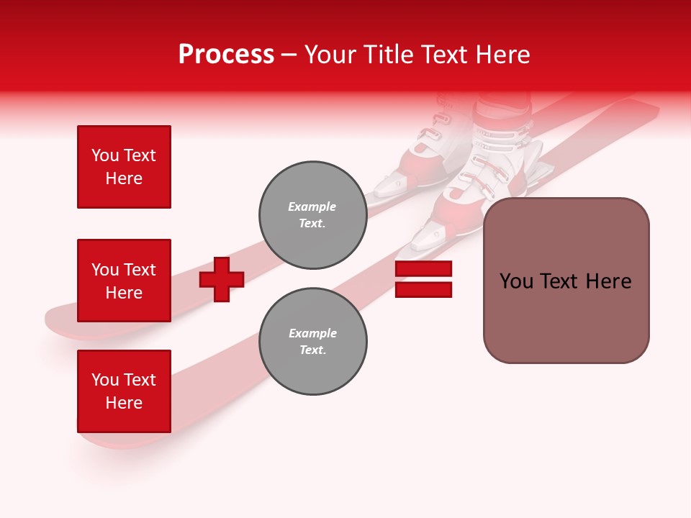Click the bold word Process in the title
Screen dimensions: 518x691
(x=226, y=55)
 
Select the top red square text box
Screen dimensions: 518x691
(x=124, y=167)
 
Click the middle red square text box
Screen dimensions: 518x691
(x=124, y=281)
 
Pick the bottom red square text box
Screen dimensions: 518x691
(x=124, y=391)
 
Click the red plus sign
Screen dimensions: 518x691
(x=222, y=279)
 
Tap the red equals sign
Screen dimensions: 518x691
(x=423, y=279)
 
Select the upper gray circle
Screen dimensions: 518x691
(x=313, y=215)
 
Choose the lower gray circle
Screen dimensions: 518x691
(x=313, y=342)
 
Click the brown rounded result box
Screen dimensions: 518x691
(x=566, y=281)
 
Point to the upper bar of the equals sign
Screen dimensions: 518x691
(x=423, y=269)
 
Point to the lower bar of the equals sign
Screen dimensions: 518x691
(x=423, y=289)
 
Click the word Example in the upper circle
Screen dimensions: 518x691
(x=312, y=206)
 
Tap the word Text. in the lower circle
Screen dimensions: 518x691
(x=312, y=350)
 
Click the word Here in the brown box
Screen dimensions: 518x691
(x=608, y=281)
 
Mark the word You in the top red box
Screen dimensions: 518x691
(x=105, y=155)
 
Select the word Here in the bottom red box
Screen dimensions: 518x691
(x=124, y=403)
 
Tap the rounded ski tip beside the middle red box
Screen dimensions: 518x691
(x=61, y=320)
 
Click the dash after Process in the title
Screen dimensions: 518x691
(x=289, y=55)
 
